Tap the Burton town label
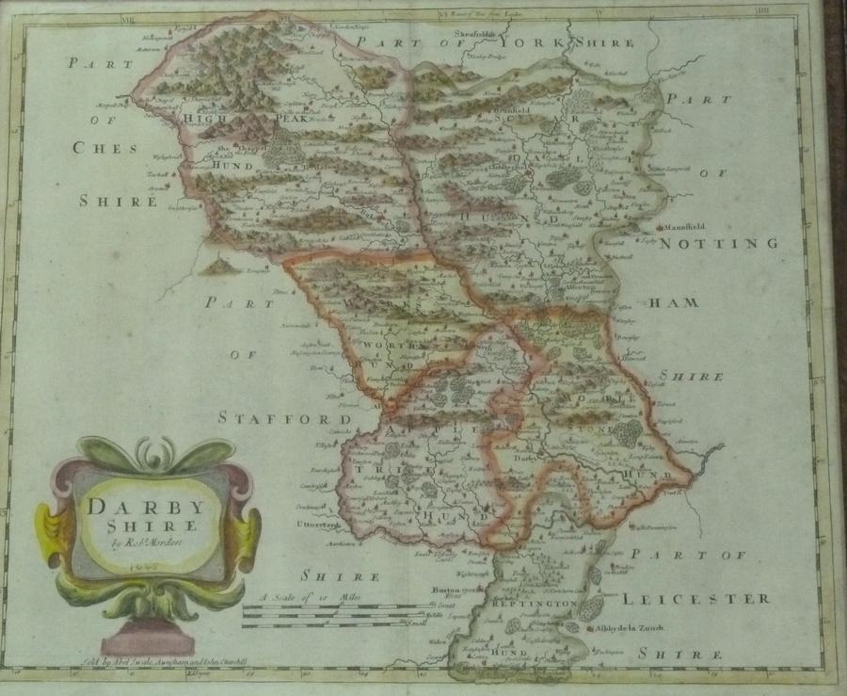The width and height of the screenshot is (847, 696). pos(442,588)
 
